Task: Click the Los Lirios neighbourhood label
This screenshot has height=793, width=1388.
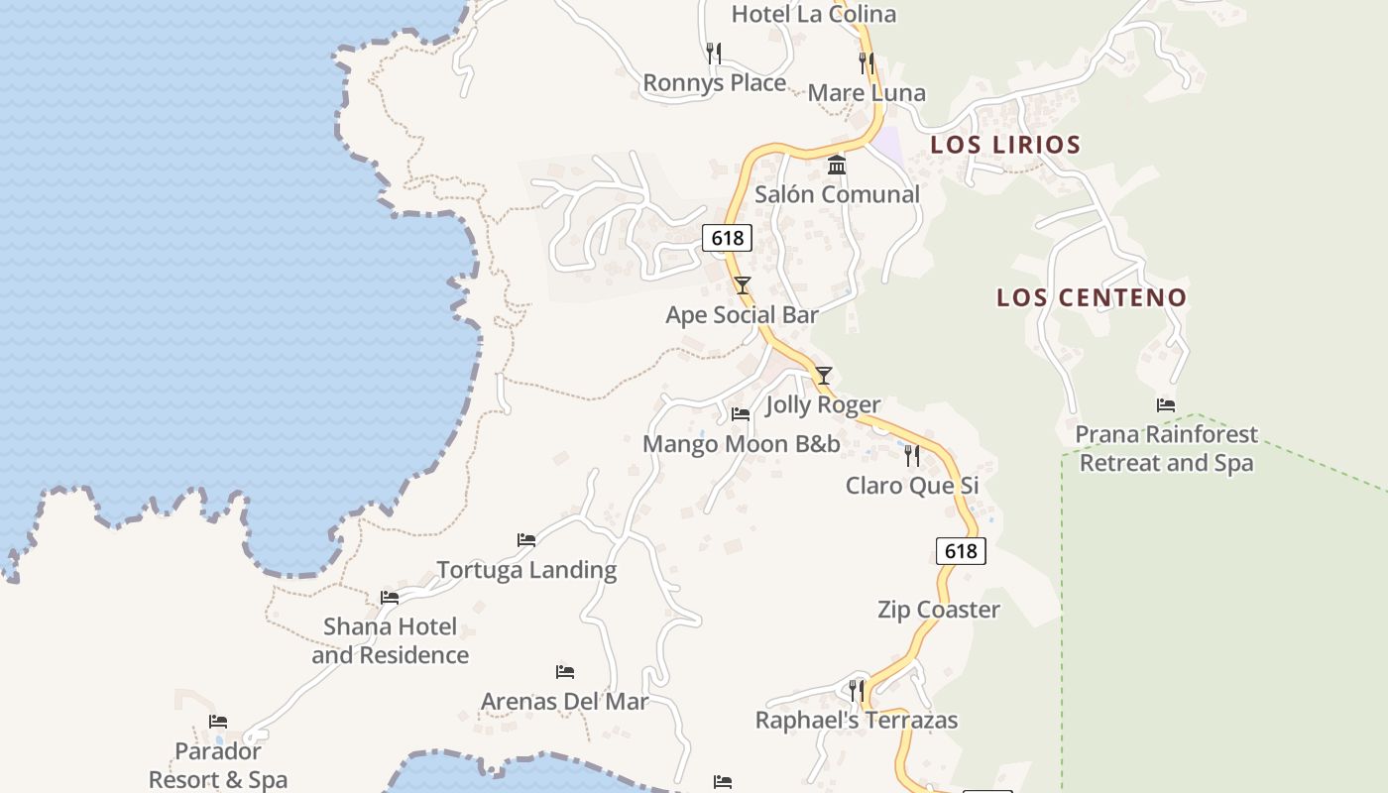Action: tap(1005, 145)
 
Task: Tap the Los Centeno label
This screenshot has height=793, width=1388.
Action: tap(1092, 297)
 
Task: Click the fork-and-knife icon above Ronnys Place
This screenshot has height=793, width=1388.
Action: tap(714, 53)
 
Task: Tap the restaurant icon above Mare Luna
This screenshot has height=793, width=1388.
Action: tap(867, 63)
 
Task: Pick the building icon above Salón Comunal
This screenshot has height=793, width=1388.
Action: tap(837, 165)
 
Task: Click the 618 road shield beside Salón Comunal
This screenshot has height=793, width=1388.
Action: tap(727, 238)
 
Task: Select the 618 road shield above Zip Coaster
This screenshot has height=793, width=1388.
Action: tap(961, 551)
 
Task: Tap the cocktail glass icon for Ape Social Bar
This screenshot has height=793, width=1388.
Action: tap(743, 285)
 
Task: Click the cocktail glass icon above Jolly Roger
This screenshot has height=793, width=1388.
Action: tap(823, 376)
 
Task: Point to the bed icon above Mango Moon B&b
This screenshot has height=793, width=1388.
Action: tap(741, 414)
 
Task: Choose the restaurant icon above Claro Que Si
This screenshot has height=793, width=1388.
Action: tap(912, 456)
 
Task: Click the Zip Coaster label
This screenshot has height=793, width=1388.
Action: tap(939, 610)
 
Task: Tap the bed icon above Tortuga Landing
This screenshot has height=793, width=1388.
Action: tap(526, 540)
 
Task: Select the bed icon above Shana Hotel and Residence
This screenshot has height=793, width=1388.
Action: tap(390, 598)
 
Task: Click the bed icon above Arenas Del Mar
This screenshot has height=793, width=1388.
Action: tap(565, 672)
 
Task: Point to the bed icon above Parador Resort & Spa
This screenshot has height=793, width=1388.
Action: tap(218, 722)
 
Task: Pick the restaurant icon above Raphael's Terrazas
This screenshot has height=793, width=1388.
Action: tap(857, 690)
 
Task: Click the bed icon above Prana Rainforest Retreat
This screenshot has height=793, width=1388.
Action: tap(1166, 405)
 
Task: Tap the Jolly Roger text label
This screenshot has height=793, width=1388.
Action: tap(823, 404)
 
